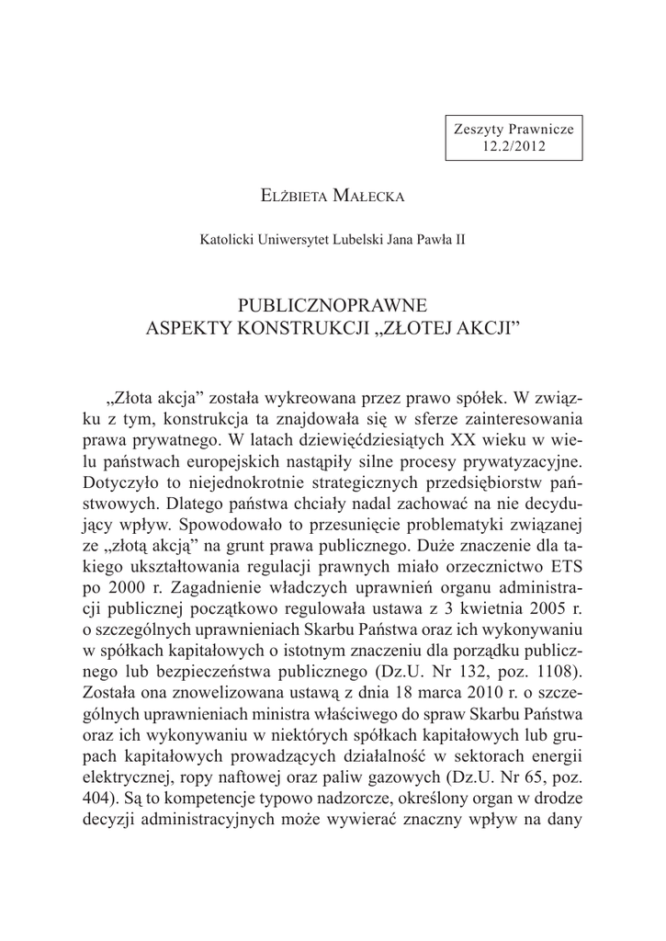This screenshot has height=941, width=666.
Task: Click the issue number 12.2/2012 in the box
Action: [x=514, y=146]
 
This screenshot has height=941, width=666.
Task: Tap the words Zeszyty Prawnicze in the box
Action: [x=514, y=130]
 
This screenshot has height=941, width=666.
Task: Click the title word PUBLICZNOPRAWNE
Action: [x=333, y=302]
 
